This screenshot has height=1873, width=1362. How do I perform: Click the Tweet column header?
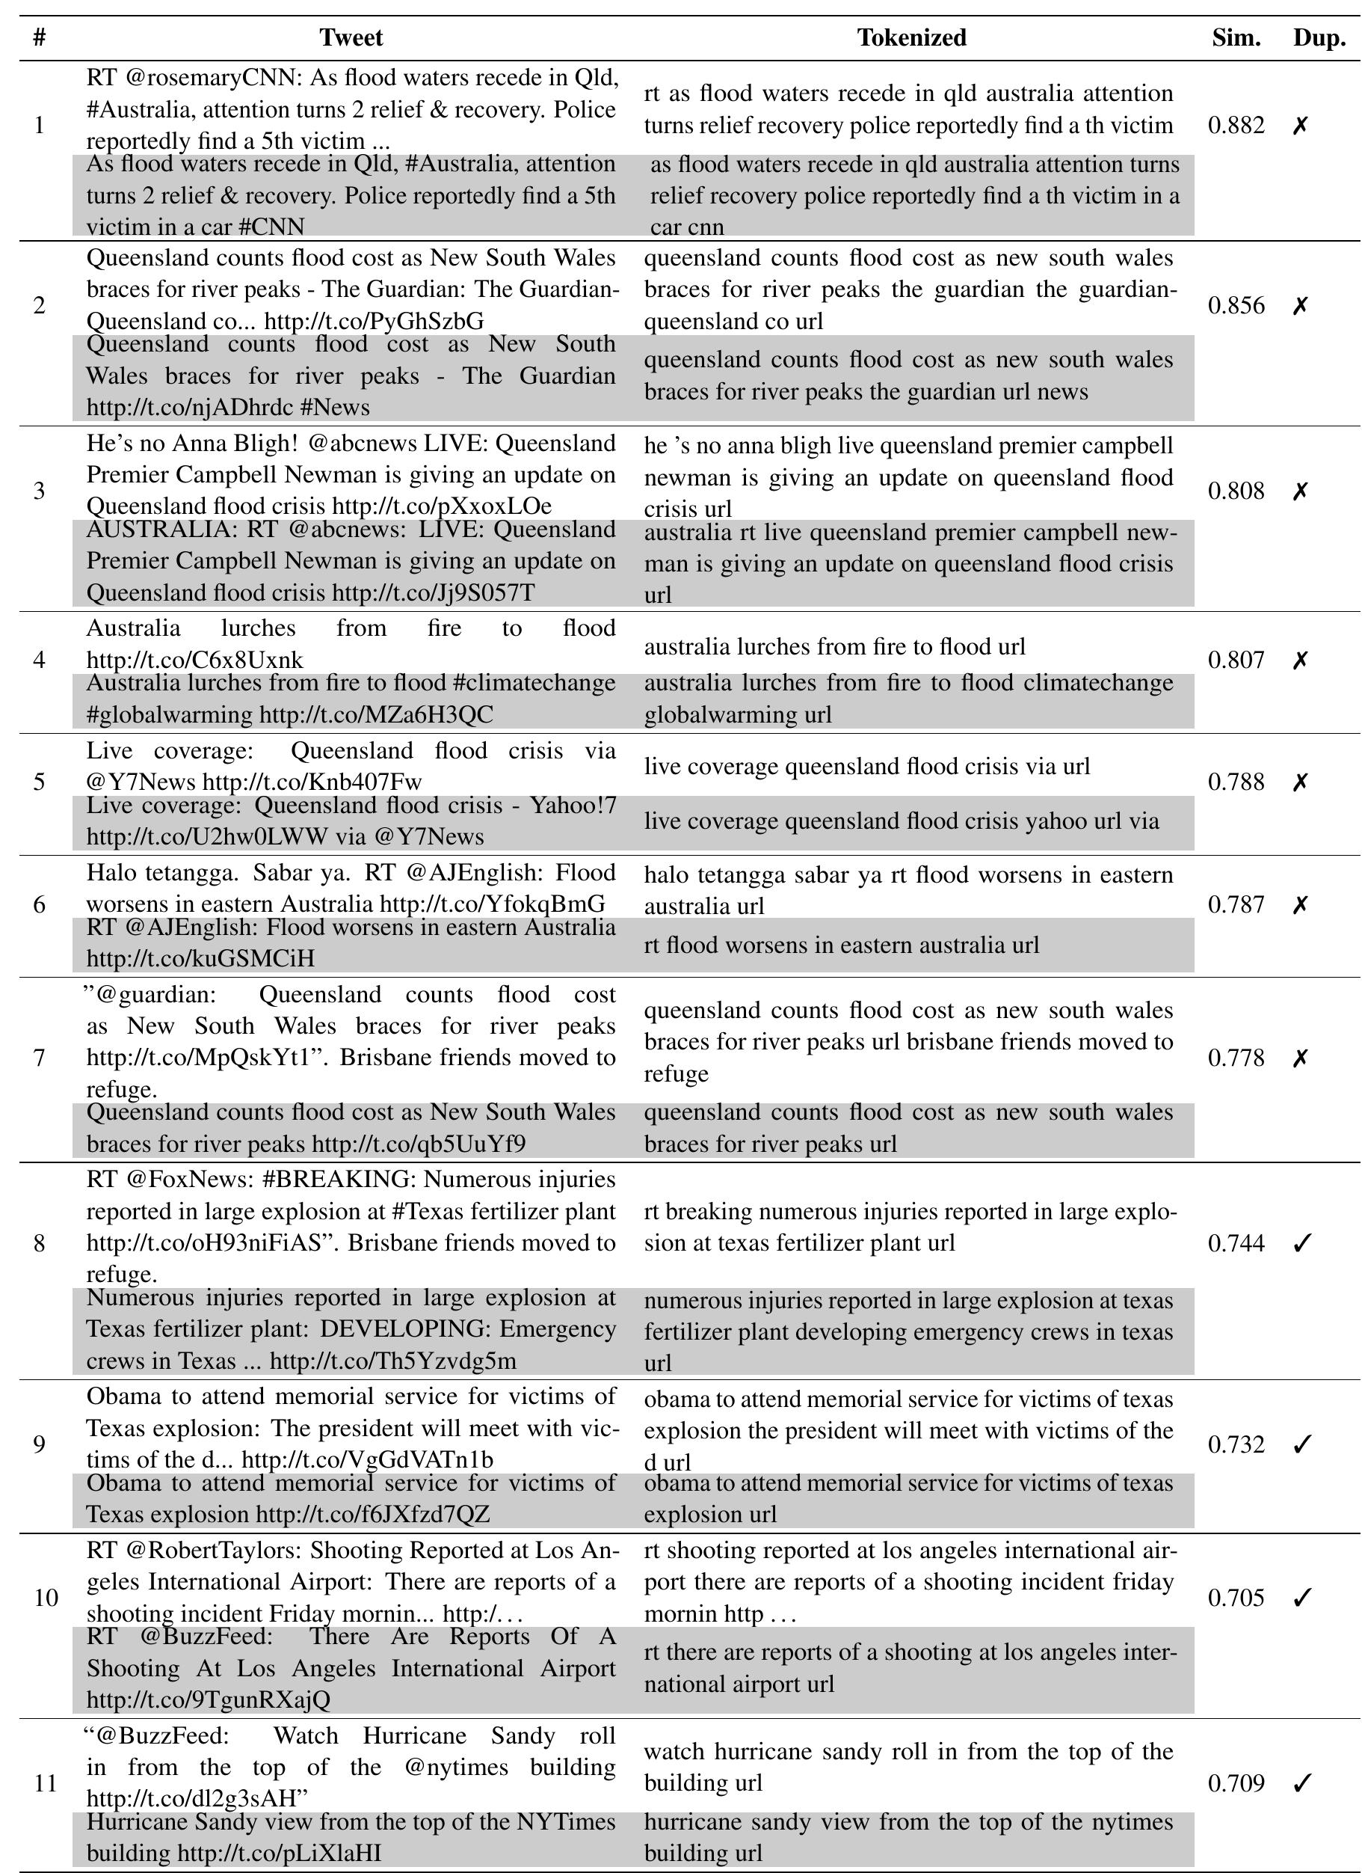coord(351,38)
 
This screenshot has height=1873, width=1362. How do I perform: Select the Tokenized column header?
coord(911,38)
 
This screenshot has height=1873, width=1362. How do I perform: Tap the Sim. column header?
coord(1236,38)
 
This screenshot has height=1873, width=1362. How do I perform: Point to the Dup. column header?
coord(1319,38)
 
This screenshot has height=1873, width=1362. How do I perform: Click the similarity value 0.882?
coord(1236,126)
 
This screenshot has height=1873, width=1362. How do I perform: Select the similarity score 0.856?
coord(1236,306)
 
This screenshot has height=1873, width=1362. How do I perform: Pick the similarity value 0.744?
coord(1236,1243)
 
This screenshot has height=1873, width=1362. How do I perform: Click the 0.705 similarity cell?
coord(1236,1598)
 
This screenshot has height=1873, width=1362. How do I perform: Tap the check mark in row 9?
coord(1301,1444)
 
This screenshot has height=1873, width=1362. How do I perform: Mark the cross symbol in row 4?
coord(1301,660)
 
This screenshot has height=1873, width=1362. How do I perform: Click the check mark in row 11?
coord(1301,1784)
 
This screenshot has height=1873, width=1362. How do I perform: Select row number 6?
coord(39,905)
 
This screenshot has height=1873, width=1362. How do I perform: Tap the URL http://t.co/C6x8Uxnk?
coord(195,660)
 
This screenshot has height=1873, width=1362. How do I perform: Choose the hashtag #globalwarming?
coord(169,714)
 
